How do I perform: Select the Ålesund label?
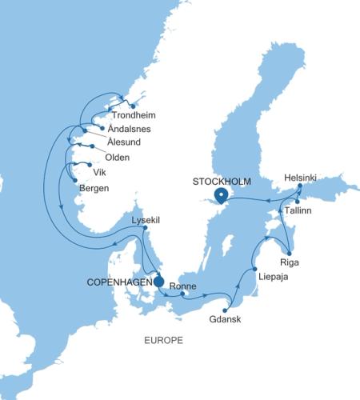[122, 142]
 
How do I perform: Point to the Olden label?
[118, 156]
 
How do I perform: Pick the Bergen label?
[94, 189]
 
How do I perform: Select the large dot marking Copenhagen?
[158, 282]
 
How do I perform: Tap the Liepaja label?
[275, 276]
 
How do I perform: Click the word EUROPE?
[163, 341]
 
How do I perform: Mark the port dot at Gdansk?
[226, 310]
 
